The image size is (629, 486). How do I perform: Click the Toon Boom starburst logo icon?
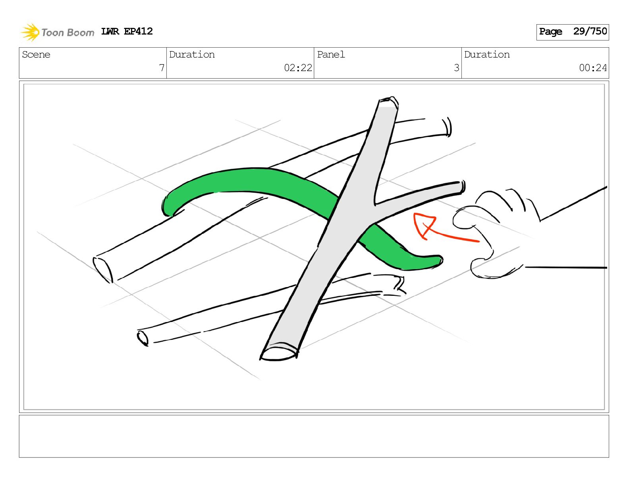pos(30,32)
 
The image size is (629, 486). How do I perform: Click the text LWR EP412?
pos(127,31)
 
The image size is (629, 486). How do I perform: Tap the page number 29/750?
pos(590,31)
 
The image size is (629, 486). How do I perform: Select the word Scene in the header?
pos(36,55)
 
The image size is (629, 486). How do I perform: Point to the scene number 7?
pos(162,68)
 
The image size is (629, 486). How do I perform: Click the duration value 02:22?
pos(298,68)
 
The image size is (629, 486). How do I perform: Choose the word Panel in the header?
pos(331,55)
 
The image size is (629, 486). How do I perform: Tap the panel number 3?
pos(456,68)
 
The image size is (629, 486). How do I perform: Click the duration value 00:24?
pos(592,68)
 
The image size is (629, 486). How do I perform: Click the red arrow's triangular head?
pos(423,224)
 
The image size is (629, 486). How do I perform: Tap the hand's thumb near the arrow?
pos(465,218)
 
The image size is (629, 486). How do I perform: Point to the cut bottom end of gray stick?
pos(279,353)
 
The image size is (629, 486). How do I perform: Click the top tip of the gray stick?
pos(388,102)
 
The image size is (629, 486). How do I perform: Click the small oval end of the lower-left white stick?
pos(143,338)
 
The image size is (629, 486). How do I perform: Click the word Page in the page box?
pos(550,32)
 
